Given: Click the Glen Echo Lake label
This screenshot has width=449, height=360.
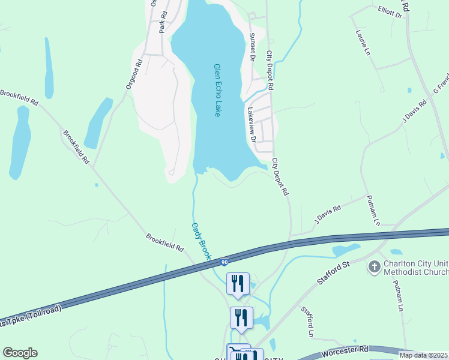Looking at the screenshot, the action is pyautogui.click(x=217, y=91).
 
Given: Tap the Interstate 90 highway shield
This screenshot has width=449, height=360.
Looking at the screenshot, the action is pyautogui.click(x=224, y=262).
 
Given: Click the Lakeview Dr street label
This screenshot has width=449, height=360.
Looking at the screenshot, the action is pyautogui.click(x=252, y=125).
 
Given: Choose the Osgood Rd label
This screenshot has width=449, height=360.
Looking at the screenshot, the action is pyautogui.click(x=134, y=74).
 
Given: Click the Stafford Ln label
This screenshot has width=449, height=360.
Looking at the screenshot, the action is pyautogui.click(x=307, y=322).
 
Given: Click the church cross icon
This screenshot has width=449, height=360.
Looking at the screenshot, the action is pyautogui.click(x=375, y=266).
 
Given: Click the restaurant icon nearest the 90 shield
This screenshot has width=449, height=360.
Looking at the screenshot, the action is pyautogui.click(x=238, y=283).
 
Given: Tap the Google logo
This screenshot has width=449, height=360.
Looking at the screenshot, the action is pyautogui.click(x=20, y=353).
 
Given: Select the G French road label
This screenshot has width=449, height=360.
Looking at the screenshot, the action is pyautogui.click(x=440, y=86).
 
